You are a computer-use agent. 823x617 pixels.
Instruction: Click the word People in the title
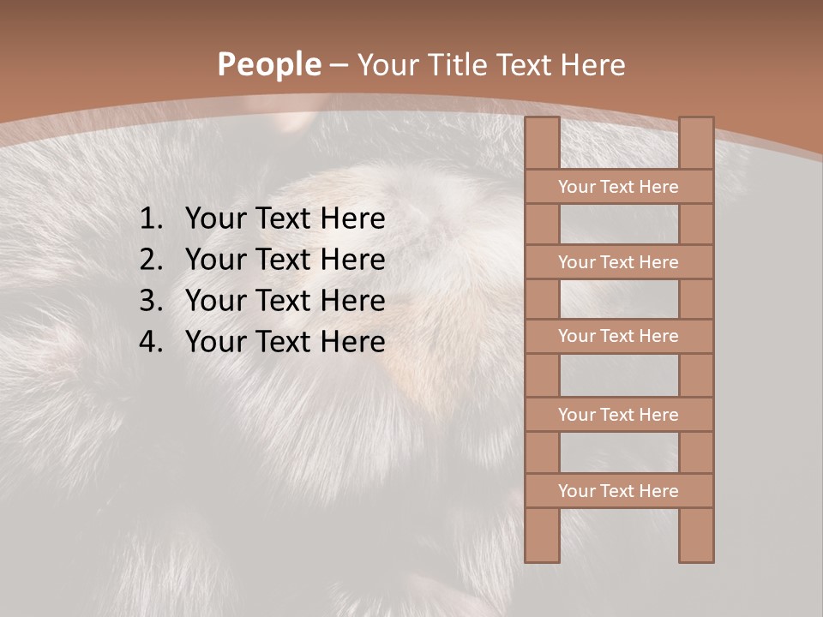click(268, 65)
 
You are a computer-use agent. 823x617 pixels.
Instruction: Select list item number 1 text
click(285, 219)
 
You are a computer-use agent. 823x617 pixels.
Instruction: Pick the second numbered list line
click(285, 260)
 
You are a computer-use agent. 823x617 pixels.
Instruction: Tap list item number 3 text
click(285, 301)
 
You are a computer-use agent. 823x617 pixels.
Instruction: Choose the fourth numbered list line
click(285, 342)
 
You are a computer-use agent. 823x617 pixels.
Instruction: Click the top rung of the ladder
click(618, 187)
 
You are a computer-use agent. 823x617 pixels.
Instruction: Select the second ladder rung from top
click(618, 262)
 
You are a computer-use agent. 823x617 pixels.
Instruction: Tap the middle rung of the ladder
click(618, 336)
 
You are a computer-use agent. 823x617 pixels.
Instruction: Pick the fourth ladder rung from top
click(618, 415)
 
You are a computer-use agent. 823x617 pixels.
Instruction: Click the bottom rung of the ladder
click(618, 491)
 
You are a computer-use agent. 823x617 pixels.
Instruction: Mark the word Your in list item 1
click(213, 219)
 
